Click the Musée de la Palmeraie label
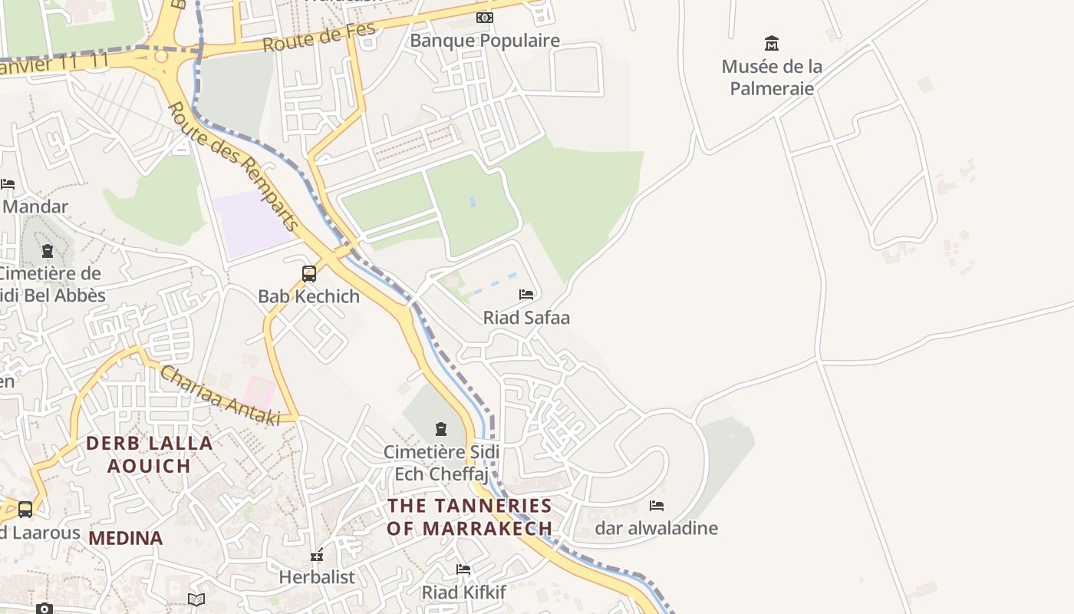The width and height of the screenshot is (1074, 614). [x=771, y=78]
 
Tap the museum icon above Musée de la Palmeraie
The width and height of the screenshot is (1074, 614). [x=772, y=43]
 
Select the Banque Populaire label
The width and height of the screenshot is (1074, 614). [x=485, y=41]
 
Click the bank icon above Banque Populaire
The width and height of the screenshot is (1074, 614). [x=484, y=17]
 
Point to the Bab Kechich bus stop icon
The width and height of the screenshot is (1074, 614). [x=309, y=273]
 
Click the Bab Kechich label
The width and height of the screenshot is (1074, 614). [x=308, y=296]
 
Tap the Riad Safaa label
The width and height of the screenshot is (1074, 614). [x=526, y=317]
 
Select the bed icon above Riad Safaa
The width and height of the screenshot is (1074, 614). [x=526, y=295]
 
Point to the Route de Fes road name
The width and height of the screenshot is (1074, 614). [x=319, y=37]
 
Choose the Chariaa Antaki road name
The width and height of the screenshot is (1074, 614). [x=219, y=395]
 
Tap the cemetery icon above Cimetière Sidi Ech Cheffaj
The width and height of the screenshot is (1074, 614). [x=441, y=428]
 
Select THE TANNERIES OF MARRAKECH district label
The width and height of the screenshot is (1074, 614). [x=469, y=517]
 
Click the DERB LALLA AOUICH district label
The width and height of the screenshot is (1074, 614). [x=149, y=454]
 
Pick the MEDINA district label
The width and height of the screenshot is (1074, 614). [x=125, y=538]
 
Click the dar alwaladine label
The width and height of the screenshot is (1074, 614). [x=657, y=528]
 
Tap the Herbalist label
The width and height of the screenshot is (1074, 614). [x=317, y=577]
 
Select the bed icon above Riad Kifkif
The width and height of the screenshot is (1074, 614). [x=463, y=569]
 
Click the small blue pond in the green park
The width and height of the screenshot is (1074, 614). [x=472, y=202]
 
